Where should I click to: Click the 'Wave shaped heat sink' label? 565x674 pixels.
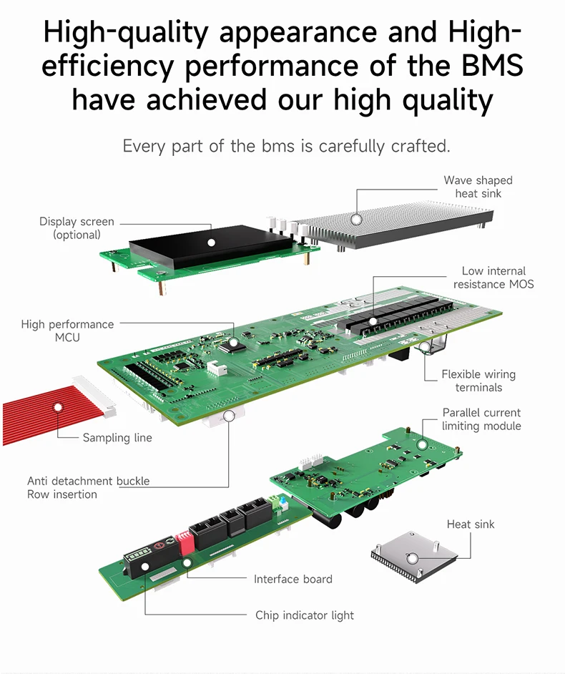(478, 187)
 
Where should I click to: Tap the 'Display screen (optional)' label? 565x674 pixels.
(77, 228)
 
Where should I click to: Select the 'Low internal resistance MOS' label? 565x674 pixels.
(493, 278)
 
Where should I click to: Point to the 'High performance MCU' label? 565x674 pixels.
(67, 331)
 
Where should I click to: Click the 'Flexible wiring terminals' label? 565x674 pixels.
(478, 381)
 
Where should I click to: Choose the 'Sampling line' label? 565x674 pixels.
(117, 437)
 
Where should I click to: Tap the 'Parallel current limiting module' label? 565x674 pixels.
(481, 419)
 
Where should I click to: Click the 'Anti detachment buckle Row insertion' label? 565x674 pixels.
(88, 487)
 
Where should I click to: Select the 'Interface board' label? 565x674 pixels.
(293, 578)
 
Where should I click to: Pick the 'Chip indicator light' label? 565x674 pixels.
(304, 615)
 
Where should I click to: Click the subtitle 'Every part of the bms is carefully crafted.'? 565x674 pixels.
(286, 146)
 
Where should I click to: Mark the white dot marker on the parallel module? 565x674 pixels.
(422, 444)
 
